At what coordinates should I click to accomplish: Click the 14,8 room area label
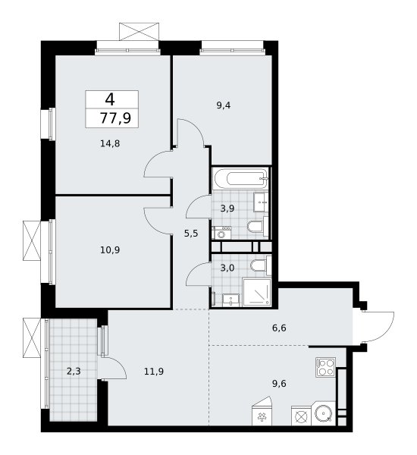[x=110, y=143]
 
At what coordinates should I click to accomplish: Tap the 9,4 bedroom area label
[x=224, y=105]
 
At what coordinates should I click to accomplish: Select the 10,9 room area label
[x=110, y=249]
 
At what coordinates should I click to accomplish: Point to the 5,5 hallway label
[x=191, y=233]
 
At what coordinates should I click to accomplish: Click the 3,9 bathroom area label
[x=227, y=208]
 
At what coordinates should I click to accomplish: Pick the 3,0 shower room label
[x=227, y=268]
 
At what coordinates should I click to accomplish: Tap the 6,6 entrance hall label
[x=279, y=328]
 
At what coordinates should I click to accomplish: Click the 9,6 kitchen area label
[x=279, y=384]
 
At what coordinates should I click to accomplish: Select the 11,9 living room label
[x=154, y=372]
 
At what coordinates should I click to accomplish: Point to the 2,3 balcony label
[x=74, y=371]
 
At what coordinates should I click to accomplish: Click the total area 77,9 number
[x=115, y=118]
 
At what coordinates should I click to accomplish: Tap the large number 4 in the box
[x=110, y=99]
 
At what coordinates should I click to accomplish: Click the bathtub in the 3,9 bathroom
[x=240, y=178]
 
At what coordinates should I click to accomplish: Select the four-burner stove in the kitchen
[x=325, y=367]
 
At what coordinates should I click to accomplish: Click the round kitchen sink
[x=324, y=413]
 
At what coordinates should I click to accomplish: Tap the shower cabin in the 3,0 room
[x=257, y=293]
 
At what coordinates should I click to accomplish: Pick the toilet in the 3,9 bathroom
[x=258, y=227]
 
